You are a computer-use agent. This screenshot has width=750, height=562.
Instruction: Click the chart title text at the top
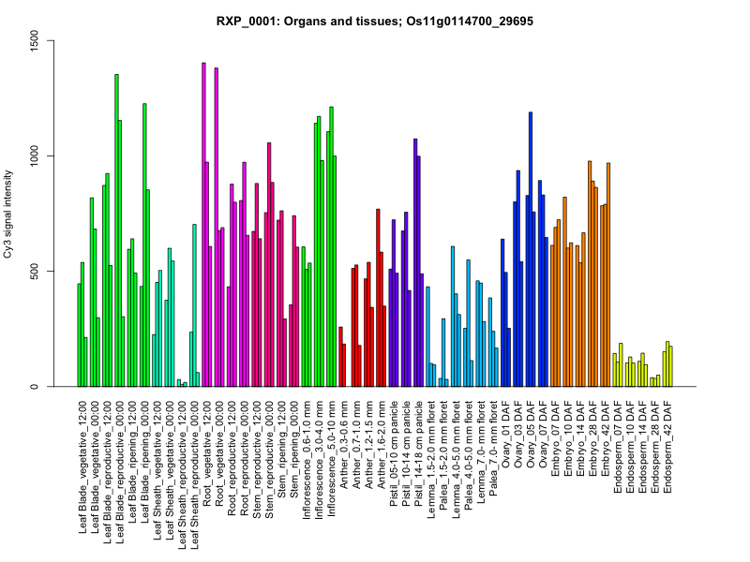coord(375,21)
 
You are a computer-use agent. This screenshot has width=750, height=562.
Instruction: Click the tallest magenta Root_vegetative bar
coord(203,225)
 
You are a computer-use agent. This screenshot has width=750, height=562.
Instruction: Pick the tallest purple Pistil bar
coord(415,262)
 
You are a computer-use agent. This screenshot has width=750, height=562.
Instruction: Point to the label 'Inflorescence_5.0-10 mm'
coord(330,449)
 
